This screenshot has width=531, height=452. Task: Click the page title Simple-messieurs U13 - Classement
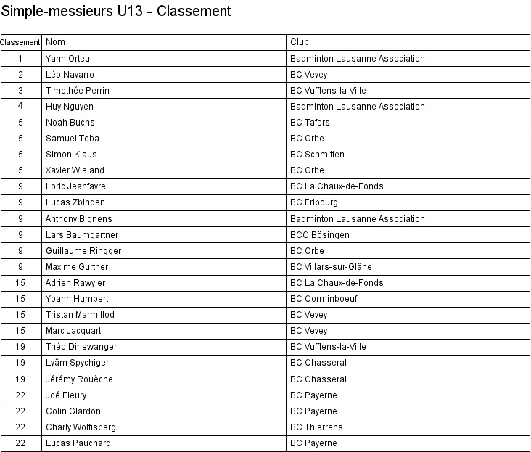pos(116,12)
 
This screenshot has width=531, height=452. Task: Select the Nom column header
pos(56,42)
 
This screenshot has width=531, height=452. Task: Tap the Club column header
pos(299,42)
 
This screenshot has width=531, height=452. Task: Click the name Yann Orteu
pos(67,58)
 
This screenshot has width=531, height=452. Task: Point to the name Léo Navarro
pos(70,75)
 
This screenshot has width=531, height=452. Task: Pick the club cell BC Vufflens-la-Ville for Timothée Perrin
pos(328,91)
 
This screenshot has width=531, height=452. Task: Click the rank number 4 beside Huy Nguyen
pos(21,107)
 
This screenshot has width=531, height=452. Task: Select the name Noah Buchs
pos(70,123)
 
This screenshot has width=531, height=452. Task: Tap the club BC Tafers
pos(310,123)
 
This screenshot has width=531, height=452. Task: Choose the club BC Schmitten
pos(317,155)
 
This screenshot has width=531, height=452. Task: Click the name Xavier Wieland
pos(75,170)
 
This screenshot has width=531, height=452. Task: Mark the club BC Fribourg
pos(313,202)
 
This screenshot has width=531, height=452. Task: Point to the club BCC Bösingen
pos(319,235)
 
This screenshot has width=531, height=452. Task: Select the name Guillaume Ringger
pos(83,251)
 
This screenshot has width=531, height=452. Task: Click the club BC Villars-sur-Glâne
pos(331,267)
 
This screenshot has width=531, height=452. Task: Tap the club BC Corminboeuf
pos(324,299)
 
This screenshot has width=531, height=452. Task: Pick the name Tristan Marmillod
pos(80,315)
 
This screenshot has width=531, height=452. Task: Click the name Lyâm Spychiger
pos(77,363)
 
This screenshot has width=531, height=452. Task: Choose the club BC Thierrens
pos(316,427)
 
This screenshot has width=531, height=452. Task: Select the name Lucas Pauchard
pos(78,443)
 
